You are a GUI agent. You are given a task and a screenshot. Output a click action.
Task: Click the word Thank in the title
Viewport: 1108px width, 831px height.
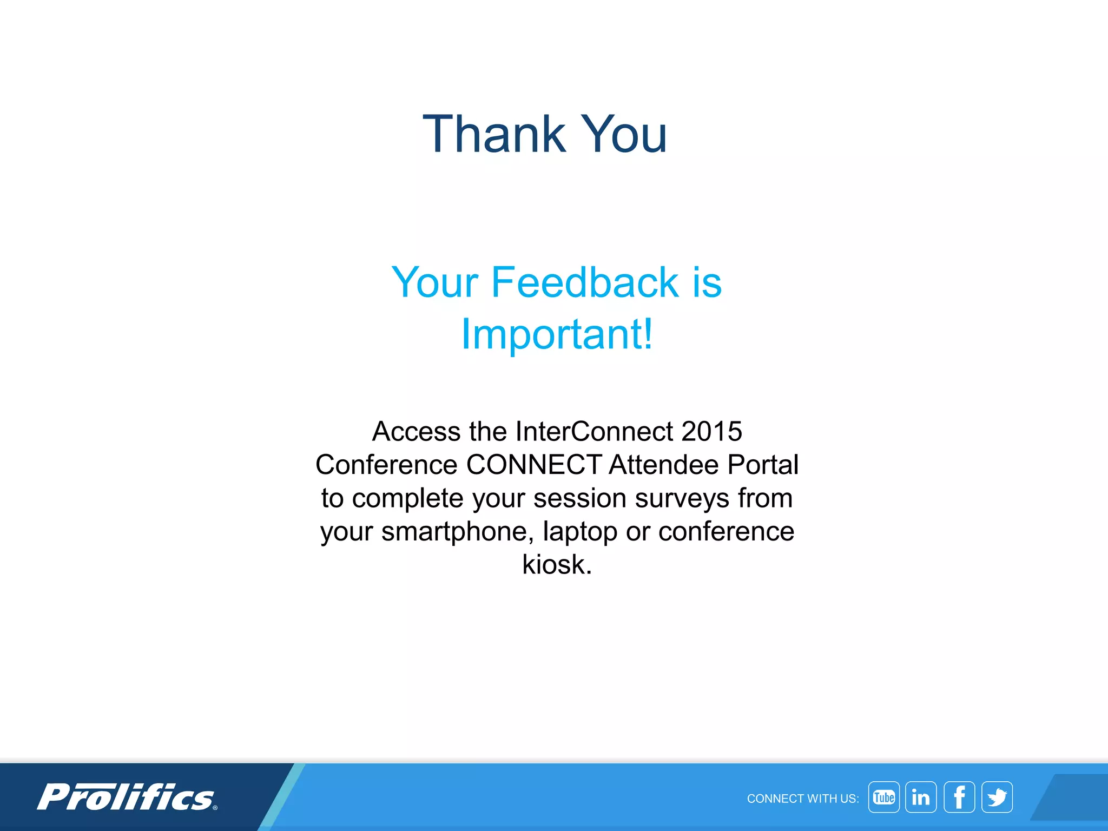[x=493, y=134]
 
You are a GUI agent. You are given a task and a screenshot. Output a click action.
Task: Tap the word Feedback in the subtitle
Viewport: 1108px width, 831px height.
[x=584, y=282]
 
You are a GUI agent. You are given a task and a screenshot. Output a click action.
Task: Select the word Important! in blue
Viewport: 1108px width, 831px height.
[x=557, y=334]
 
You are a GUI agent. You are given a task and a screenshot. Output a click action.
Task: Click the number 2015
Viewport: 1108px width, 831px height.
[x=711, y=431]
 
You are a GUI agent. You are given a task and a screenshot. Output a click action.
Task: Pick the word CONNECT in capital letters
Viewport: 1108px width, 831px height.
[x=533, y=465]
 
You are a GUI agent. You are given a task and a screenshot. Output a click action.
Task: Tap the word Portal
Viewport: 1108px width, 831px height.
[x=763, y=465]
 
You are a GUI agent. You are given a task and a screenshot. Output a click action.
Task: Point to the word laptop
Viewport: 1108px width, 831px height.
[x=580, y=531]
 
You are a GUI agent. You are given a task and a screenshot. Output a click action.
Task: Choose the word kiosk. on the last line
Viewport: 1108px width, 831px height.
[x=557, y=564]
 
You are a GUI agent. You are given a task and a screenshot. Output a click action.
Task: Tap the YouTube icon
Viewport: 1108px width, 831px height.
[x=883, y=797]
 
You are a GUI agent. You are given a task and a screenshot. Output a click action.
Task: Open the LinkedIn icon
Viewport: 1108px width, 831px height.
[x=920, y=797]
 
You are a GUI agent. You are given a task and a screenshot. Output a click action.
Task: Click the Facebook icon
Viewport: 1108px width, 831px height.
[x=959, y=797]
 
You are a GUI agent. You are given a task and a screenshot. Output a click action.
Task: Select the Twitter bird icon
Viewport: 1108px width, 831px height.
[x=997, y=797]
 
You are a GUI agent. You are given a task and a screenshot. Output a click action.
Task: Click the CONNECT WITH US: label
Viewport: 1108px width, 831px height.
[x=802, y=799]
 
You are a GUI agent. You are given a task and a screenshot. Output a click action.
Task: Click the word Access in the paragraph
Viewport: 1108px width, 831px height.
[x=416, y=431]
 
